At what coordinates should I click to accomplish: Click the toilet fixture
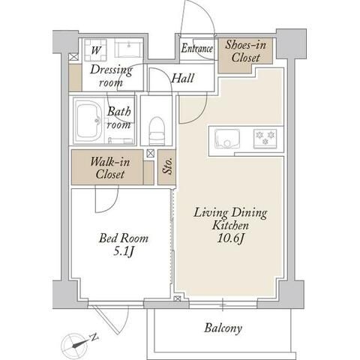click(157, 130)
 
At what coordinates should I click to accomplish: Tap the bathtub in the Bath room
click(89, 121)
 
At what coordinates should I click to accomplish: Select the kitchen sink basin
click(227, 139)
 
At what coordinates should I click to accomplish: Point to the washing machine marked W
click(95, 50)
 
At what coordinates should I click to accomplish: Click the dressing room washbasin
click(128, 48)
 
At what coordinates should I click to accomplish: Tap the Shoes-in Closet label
click(245, 52)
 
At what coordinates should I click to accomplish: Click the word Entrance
click(196, 48)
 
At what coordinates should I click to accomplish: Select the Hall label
click(183, 78)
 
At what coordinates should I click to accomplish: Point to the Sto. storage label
click(167, 166)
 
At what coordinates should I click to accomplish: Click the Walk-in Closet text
click(110, 168)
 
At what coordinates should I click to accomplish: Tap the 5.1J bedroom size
click(124, 251)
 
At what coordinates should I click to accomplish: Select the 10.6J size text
click(230, 238)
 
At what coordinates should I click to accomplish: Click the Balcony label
click(223, 328)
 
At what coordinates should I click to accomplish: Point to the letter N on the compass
click(94, 337)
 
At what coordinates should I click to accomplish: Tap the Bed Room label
click(124, 238)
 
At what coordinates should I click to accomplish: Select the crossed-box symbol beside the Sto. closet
click(151, 153)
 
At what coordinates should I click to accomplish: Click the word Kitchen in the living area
click(230, 225)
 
